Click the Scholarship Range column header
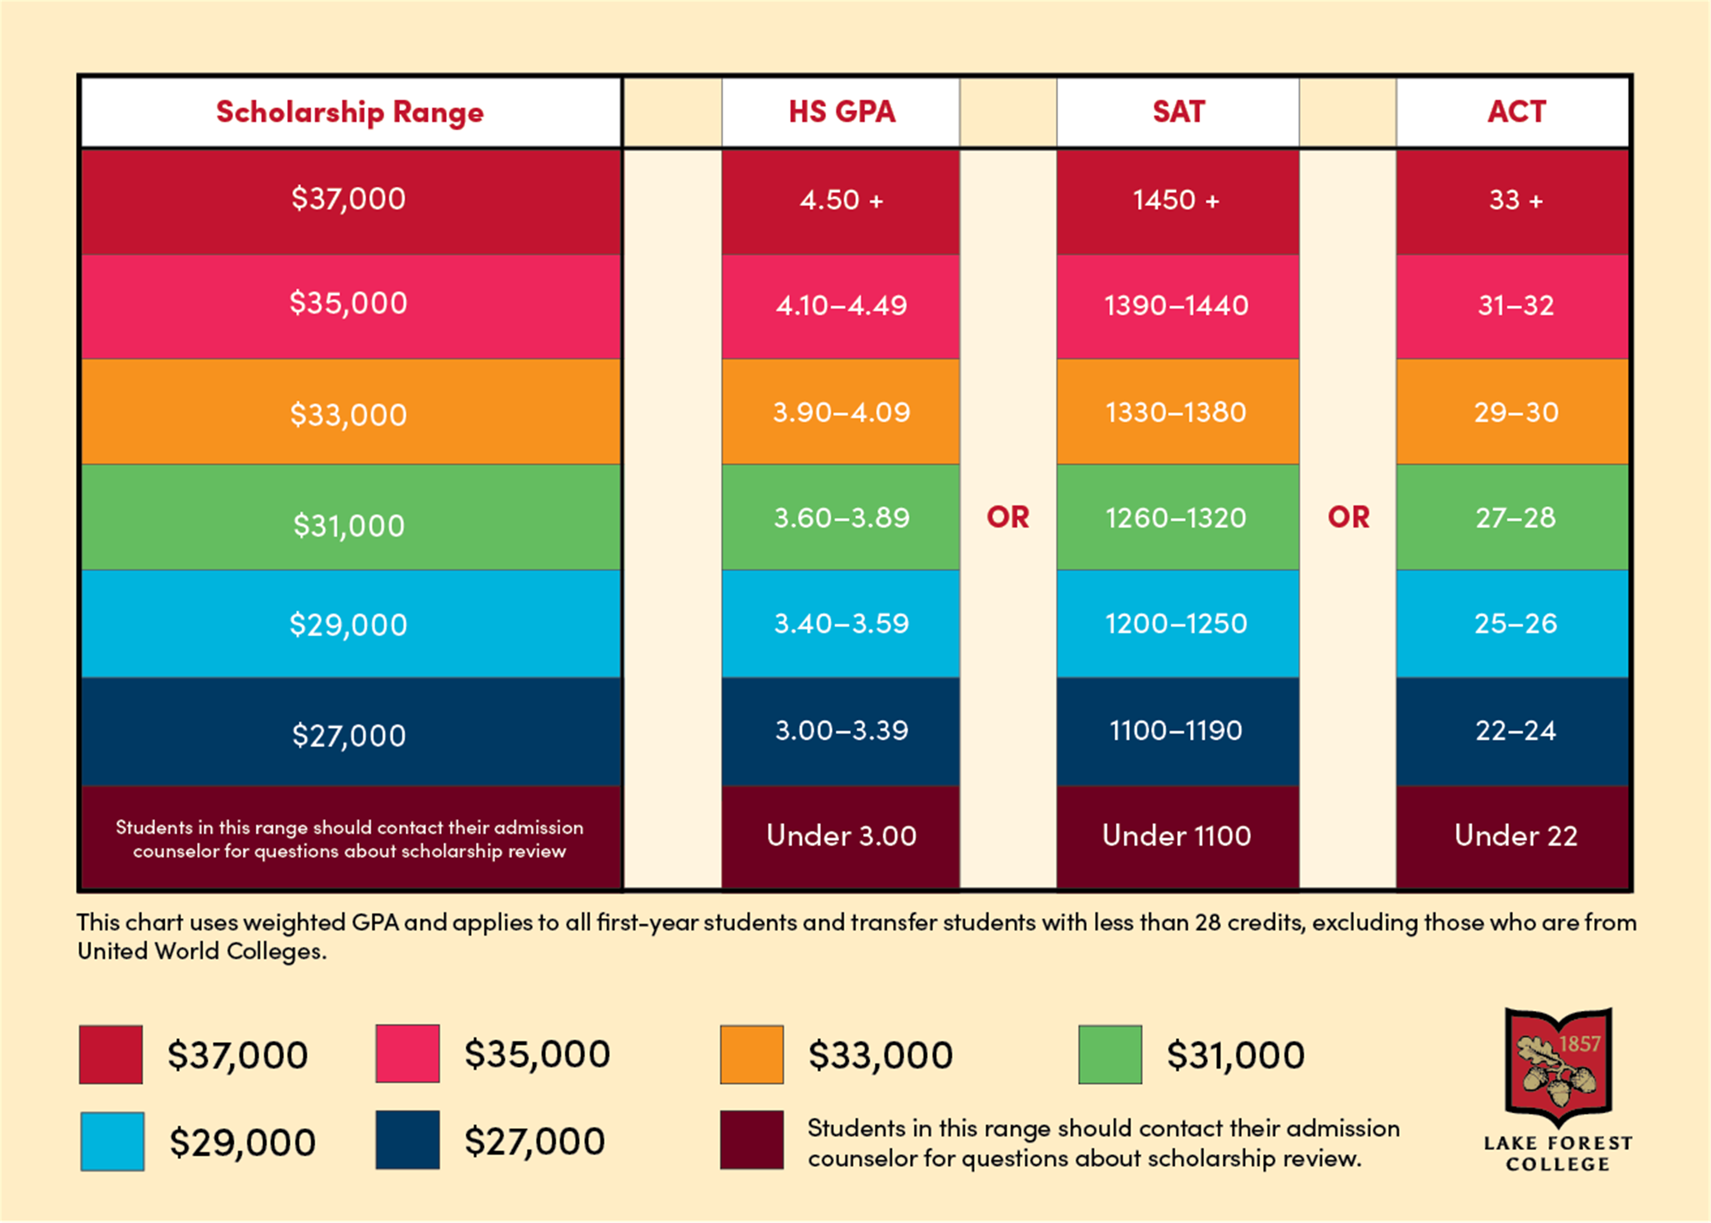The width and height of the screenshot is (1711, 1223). coord(350,112)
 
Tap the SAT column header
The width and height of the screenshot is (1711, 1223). coord(1178,112)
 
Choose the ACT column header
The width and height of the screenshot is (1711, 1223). coord(1515,112)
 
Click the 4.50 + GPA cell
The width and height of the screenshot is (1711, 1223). coord(841,200)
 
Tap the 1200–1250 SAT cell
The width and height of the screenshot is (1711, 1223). coord(1177,624)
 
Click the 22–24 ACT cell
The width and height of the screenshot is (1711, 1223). coord(1515,731)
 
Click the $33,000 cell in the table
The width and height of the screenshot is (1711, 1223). coord(348,414)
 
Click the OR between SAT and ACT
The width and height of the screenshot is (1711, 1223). coord(1348,517)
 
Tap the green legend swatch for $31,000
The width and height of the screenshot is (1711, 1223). coord(1110,1054)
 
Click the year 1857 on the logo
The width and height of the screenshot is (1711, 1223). coord(1579,1044)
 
